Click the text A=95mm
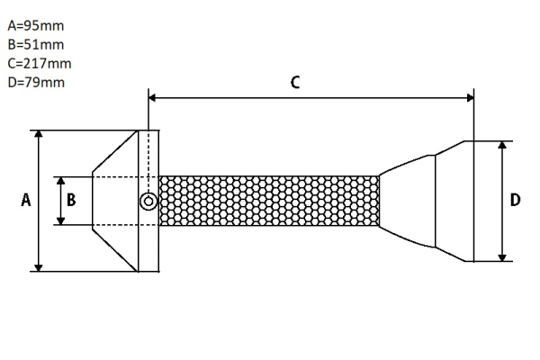(x=35, y=25)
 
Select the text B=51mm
(x=35, y=44)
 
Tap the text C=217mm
(x=39, y=63)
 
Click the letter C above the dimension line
(x=295, y=82)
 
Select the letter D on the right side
(x=515, y=201)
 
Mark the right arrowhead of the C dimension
(x=470, y=96)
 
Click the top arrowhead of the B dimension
(x=61, y=181)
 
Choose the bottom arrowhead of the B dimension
(x=61, y=220)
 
